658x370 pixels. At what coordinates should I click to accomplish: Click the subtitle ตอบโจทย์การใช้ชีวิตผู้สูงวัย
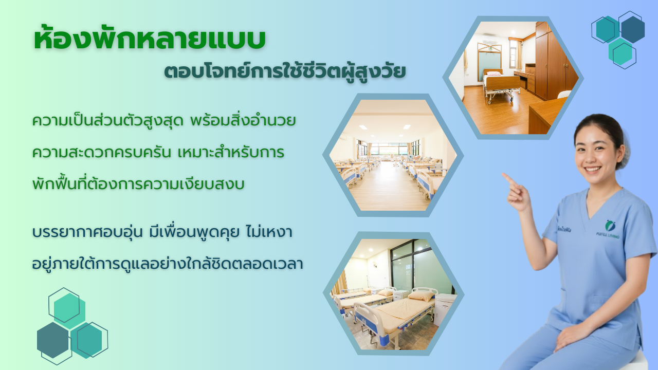285,72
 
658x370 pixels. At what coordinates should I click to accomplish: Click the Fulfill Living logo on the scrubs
608,229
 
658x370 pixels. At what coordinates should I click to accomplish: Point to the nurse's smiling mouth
593,170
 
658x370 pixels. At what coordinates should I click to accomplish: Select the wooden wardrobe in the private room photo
552,62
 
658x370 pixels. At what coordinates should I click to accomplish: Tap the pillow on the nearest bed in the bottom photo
421,295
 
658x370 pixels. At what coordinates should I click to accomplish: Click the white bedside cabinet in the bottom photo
444,308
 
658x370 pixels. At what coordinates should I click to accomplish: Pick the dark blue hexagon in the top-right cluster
633,29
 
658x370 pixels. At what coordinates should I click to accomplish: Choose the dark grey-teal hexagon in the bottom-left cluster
53,340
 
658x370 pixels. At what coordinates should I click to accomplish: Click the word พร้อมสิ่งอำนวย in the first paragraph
243,121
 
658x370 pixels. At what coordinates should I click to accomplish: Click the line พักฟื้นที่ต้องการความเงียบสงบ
138,184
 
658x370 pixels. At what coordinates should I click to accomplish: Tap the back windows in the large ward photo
389,149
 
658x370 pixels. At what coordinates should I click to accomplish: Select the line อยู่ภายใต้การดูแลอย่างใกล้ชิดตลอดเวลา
168,264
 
